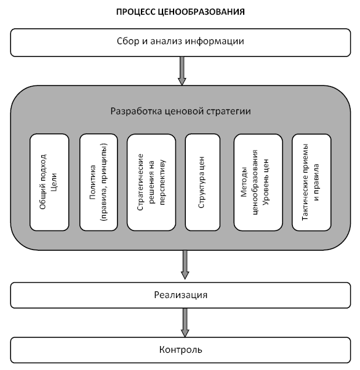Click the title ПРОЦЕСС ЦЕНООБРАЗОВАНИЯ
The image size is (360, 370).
(180, 12)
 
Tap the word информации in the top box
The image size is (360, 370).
(214, 41)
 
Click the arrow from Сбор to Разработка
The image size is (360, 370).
(182, 71)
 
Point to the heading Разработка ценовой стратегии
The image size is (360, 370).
(180, 111)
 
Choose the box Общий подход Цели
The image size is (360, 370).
(49, 182)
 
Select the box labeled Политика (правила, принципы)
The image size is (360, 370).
(98, 182)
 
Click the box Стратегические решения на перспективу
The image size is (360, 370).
(151, 182)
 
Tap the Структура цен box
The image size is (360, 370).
(202, 182)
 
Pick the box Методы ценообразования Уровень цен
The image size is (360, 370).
(258, 182)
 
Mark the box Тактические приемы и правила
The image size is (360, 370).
(311, 182)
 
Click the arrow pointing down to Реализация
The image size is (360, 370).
(185, 265)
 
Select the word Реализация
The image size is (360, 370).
(181, 295)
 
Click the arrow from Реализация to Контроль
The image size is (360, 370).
(185, 323)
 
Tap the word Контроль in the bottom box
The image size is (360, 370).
(181, 350)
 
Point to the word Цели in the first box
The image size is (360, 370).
(54, 182)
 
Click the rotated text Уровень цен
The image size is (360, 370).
(266, 182)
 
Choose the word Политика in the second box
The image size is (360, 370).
(92, 182)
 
